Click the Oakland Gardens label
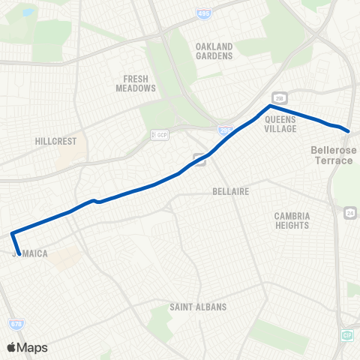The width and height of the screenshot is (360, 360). click(x=214, y=50)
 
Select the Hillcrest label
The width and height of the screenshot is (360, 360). click(x=52, y=140)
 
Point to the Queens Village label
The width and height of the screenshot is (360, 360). click(x=281, y=123)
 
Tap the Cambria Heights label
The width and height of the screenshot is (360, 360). click(x=291, y=220)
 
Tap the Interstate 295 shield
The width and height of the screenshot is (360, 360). click(x=225, y=130)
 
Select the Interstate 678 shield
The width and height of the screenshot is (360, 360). click(x=16, y=324)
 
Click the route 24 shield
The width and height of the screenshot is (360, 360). click(x=349, y=214)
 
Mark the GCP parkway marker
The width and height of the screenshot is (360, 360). click(x=160, y=135)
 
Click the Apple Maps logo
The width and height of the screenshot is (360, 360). click(x=27, y=347)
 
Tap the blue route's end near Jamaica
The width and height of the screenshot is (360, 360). click(x=19, y=253)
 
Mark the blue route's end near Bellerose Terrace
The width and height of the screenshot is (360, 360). click(x=349, y=131)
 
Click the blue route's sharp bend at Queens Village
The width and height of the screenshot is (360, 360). click(x=270, y=106)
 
